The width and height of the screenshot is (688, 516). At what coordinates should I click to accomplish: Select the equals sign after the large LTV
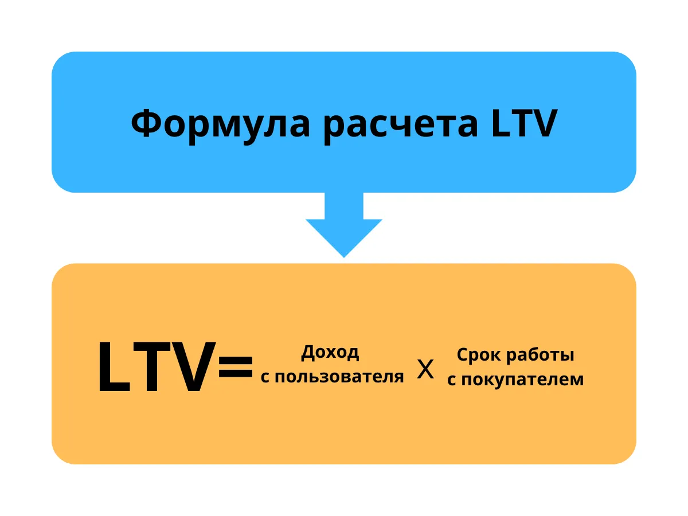[x=236, y=368]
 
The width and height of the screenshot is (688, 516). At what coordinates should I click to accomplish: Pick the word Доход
[x=330, y=353]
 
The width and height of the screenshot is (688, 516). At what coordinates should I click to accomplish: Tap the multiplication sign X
[x=425, y=370]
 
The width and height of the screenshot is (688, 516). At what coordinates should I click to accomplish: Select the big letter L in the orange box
[x=114, y=368]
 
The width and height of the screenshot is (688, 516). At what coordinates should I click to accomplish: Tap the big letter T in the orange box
[x=153, y=368]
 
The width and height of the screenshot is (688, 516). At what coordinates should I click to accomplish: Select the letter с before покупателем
[x=451, y=380]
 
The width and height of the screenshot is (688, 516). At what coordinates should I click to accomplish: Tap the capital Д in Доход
[x=309, y=353]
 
